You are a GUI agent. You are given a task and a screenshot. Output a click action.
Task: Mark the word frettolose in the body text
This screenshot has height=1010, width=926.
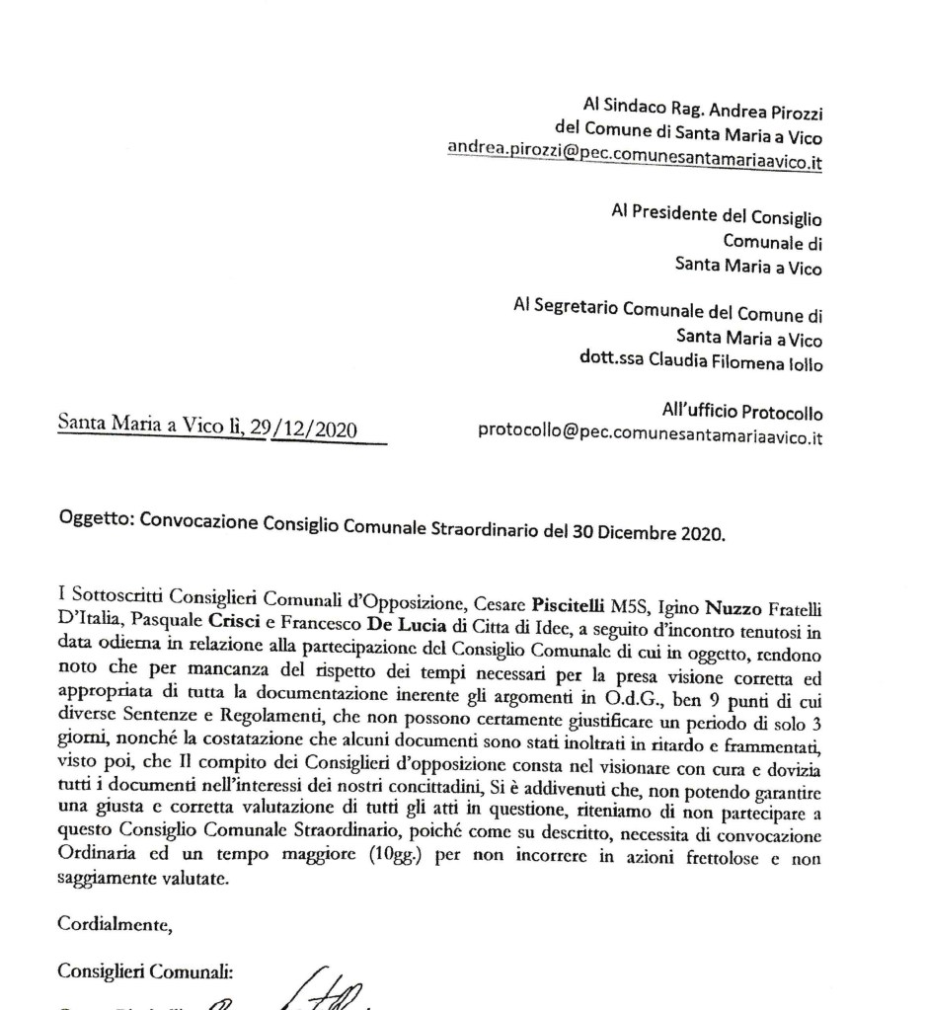point(729,858)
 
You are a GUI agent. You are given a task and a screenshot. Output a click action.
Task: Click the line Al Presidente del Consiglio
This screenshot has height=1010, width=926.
point(717,217)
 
